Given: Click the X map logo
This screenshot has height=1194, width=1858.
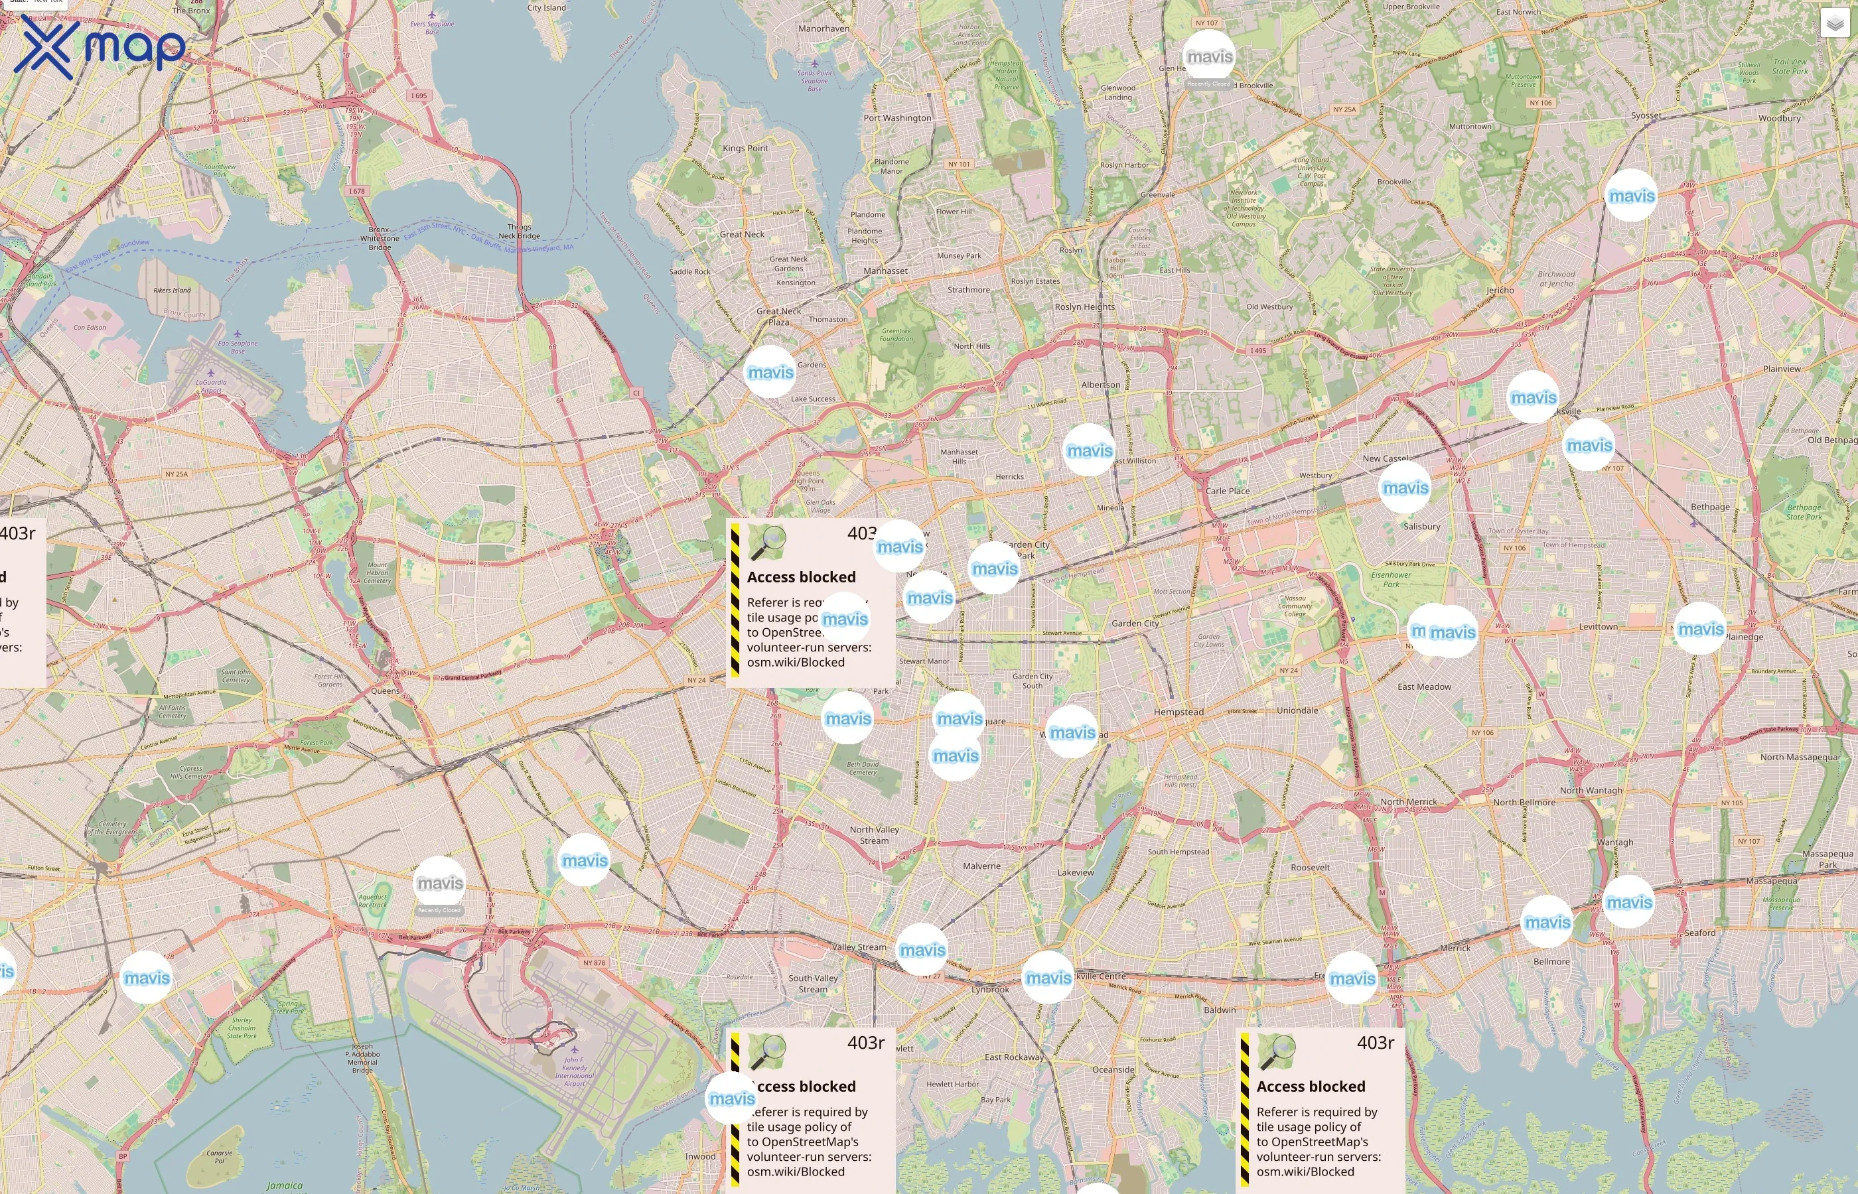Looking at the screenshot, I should [x=100, y=48].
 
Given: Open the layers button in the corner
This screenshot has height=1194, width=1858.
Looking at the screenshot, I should [x=1834, y=23].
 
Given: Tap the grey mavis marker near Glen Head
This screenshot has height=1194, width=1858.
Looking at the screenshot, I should [x=1209, y=57].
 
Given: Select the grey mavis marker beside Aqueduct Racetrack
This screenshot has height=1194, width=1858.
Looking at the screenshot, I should [x=440, y=883].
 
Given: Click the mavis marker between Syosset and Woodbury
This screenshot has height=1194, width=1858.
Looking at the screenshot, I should [x=1632, y=196].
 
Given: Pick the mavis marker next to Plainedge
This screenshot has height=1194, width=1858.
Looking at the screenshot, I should [x=1701, y=629].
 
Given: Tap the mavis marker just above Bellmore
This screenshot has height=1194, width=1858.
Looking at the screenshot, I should [x=1547, y=922].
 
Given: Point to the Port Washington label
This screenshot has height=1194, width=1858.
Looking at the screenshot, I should [x=897, y=118].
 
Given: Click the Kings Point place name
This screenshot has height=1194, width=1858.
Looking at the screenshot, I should [x=745, y=148].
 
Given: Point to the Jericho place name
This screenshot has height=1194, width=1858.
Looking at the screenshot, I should [x=1500, y=290].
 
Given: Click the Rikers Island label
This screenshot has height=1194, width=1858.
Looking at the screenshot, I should [x=171, y=291].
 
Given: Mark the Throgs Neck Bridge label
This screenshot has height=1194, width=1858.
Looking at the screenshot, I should [x=519, y=232].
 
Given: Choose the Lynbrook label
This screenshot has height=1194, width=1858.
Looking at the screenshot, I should [x=990, y=989].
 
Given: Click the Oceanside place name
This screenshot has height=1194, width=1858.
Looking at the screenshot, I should [x=1113, y=1069].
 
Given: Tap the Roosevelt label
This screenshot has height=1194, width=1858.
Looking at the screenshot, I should [x=1310, y=868].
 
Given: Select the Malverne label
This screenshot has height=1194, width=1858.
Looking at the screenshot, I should [x=981, y=866].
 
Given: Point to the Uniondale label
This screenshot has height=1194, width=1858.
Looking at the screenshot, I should [x=1297, y=710].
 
